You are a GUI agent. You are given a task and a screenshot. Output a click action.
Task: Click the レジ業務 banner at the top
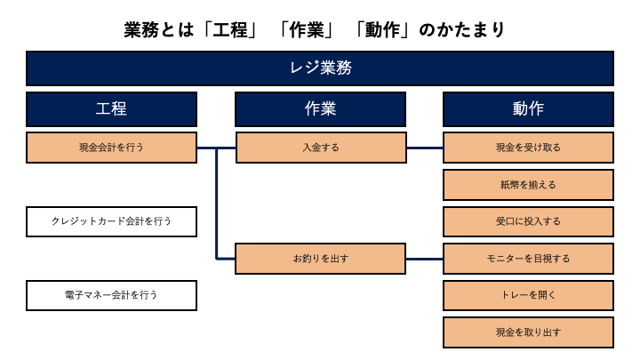tap(320, 68)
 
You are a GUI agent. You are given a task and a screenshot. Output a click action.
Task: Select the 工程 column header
tap(111, 109)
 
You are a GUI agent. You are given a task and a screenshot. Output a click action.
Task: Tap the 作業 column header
tap(320, 109)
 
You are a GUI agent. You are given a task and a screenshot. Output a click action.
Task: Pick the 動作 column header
tap(528, 109)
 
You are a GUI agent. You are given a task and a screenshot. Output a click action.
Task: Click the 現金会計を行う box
tap(111, 148)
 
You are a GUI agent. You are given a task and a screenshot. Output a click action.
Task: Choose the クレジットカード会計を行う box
tap(111, 221)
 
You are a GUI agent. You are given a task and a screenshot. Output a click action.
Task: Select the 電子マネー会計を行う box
tap(111, 295)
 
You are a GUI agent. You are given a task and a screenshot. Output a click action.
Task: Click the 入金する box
tap(321, 148)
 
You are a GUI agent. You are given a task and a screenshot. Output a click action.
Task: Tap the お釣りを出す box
tap(321, 259)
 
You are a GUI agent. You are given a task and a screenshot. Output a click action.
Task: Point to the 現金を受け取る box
tap(528, 148)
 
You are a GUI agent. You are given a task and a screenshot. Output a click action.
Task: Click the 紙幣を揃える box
tap(528, 185)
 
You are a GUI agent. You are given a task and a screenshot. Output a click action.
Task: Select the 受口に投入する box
tap(528, 221)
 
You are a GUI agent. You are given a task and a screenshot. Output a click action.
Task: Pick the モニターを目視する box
tap(528, 259)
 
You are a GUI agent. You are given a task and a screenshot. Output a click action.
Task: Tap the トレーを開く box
tap(528, 295)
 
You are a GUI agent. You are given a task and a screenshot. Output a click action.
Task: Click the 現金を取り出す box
tap(528, 332)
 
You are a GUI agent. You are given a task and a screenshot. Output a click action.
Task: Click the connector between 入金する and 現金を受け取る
tap(424, 148)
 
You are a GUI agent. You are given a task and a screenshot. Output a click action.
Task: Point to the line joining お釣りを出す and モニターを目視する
tap(424, 259)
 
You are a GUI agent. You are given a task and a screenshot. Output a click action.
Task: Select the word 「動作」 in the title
tap(381, 29)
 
